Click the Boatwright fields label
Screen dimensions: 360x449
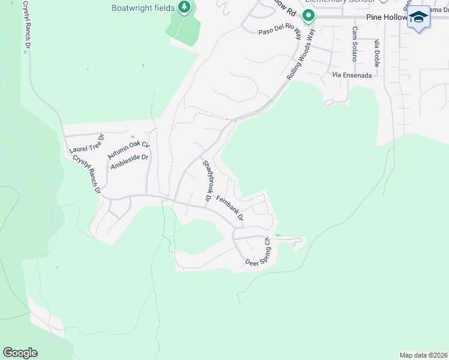coord(143,8)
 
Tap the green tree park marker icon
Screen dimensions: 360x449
coord(185,8)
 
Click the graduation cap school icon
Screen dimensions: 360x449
coord(419,17)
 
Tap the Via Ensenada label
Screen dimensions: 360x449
coord(357,76)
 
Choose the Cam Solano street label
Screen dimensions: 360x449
coord(355,44)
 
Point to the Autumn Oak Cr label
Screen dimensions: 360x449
coord(128,146)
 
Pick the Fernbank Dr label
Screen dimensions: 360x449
coord(229,208)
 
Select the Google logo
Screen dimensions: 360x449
coord(20,352)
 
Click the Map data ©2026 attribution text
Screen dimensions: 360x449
coord(423,355)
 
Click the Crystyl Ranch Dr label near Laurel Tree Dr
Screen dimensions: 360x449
coord(86,174)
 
